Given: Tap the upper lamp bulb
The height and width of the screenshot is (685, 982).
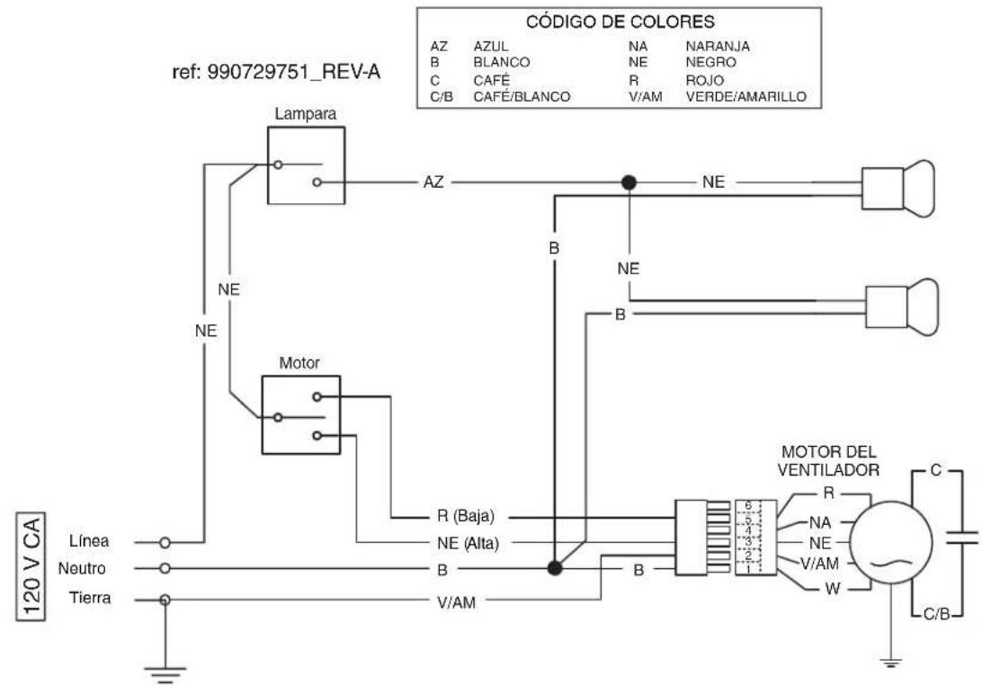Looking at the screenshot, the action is (898, 189).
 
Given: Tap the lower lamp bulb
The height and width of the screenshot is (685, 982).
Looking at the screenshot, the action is (902, 307).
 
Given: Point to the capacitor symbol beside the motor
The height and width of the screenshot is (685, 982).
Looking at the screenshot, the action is (961, 538).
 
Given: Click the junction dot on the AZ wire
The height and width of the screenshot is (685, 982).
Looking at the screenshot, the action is (629, 182).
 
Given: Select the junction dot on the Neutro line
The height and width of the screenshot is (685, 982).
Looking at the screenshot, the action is (554, 568).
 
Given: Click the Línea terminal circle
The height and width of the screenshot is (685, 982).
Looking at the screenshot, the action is (165, 543).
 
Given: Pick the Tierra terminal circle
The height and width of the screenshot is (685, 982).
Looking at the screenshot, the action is (165, 600).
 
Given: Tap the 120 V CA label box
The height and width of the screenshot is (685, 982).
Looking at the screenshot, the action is (31, 566).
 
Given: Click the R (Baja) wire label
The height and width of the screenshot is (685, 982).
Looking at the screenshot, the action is (465, 517).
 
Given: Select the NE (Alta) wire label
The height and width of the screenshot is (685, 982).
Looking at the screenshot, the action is (468, 543).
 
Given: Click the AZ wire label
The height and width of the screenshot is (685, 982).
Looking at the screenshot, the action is (433, 182).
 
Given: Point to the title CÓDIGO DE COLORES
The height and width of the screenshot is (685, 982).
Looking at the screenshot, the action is (620, 22).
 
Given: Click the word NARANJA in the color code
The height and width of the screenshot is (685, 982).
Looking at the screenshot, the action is (718, 47).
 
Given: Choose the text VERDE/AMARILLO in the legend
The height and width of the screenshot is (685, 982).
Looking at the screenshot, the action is (745, 97).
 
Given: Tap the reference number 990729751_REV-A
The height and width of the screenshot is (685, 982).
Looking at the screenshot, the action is (294, 72).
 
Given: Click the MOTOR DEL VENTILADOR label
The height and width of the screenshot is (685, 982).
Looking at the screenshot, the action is (828, 461).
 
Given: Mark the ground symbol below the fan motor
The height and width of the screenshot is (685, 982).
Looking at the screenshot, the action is (890, 663).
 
